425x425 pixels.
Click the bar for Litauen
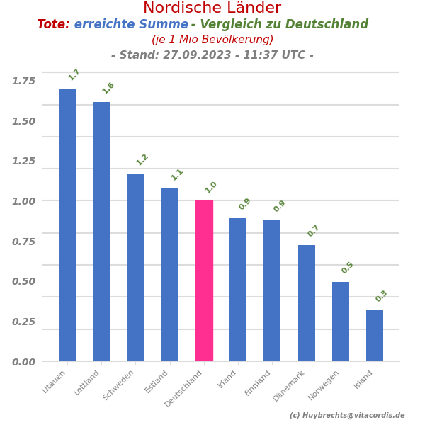pos(67,225)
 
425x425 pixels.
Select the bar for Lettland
pos(101,232)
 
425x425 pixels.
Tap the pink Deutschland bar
pos(204,280)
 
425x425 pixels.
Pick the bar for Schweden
pos(135,267)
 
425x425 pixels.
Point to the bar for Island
pos(375,336)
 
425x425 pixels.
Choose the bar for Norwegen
pos(341,322)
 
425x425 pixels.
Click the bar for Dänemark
pos(307,303)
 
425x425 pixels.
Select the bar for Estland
pos(170,275)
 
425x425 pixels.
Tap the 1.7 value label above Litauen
pos(74,74)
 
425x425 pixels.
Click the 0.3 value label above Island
pos(382,296)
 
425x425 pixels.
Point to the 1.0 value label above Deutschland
pos(211,187)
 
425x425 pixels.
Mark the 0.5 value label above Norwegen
pos(348,268)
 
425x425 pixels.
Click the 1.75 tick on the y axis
pos(23,81)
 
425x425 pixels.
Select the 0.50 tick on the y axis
pos(23,281)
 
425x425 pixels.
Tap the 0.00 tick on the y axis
pos(23,362)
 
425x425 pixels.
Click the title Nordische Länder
pos(212,8)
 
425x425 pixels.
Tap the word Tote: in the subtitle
pos(53,25)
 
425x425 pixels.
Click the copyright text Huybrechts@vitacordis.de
pos(347,416)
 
